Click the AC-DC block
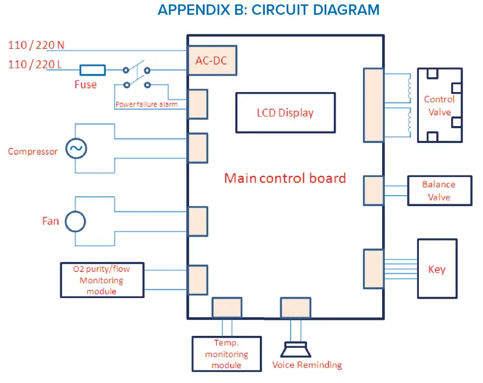pyautogui.click(x=212, y=60)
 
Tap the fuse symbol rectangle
pyautogui.click(x=93, y=70)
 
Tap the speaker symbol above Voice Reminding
pyautogui.click(x=296, y=349)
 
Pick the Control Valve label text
pyautogui.click(x=439, y=106)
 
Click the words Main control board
pyautogui.click(x=285, y=178)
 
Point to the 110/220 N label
pyautogui.click(x=36, y=45)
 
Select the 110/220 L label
pyautogui.click(x=35, y=64)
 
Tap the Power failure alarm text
pyautogui.click(x=146, y=104)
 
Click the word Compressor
pyautogui.click(x=33, y=151)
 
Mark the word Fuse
pyautogui.click(x=86, y=84)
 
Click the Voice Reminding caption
pyautogui.click(x=307, y=365)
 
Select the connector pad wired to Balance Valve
pyautogui.click(x=374, y=191)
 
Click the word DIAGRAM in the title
pyautogui.click(x=346, y=9)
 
